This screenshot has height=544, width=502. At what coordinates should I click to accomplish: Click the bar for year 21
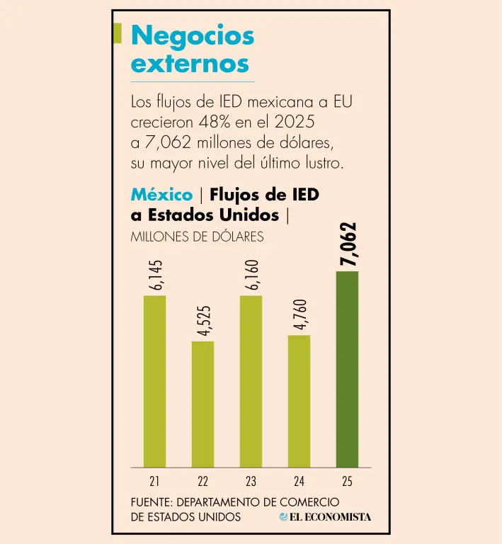point(154,381)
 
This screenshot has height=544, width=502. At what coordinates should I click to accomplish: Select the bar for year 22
point(202,404)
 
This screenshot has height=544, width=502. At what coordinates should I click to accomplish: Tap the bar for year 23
point(251,381)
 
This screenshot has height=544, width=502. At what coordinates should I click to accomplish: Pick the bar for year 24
point(299,401)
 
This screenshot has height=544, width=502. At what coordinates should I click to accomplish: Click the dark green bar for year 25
point(347,369)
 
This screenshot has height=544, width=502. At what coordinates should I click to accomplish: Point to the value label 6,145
point(155,275)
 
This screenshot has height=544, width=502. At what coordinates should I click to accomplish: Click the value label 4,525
point(203,321)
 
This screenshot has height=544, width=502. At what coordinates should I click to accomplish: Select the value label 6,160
point(251,275)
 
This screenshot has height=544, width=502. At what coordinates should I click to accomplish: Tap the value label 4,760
point(300,314)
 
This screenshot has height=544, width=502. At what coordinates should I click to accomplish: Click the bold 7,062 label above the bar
point(348,244)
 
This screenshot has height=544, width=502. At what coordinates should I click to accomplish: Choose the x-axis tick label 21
point(154,481)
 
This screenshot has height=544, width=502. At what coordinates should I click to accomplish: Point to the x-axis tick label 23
point(251,481)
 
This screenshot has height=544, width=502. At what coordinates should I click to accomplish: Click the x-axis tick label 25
point(347,481)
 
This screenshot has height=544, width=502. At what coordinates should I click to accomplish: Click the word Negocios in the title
point(193,35)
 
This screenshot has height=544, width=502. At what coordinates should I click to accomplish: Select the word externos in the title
point(190,64)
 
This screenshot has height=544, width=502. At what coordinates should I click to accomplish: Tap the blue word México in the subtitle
point(161,194)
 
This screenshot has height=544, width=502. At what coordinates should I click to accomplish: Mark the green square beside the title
point(118,33)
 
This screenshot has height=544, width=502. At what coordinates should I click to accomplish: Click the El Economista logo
point(325,517)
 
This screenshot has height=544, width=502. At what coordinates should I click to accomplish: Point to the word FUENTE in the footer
point(152,502)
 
